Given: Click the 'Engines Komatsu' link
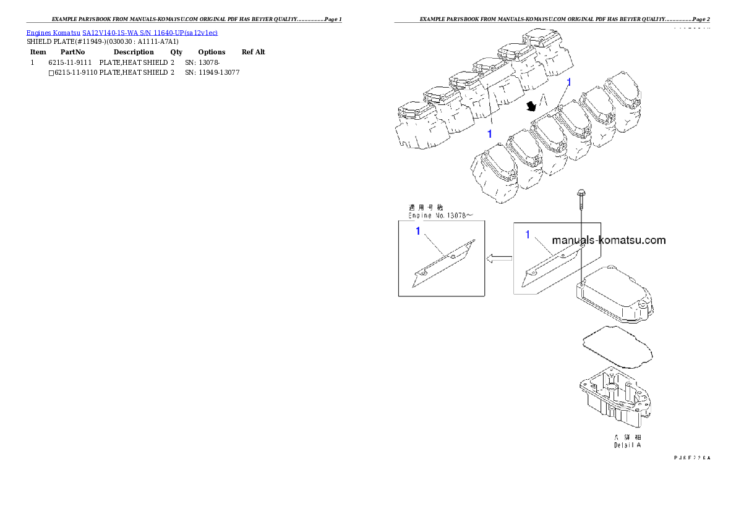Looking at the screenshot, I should pos(53,32).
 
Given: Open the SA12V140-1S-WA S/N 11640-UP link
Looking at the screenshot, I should pos(150,32).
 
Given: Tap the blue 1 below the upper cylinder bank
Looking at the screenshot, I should pos(489,133).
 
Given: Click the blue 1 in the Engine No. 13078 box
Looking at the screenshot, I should pos(418,231).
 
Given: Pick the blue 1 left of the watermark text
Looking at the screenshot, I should pos(528,234).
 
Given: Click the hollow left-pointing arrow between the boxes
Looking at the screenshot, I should pos(499,259).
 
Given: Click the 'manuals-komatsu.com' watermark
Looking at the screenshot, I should pos(609,240).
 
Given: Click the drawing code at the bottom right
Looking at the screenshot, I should pos(692,458).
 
